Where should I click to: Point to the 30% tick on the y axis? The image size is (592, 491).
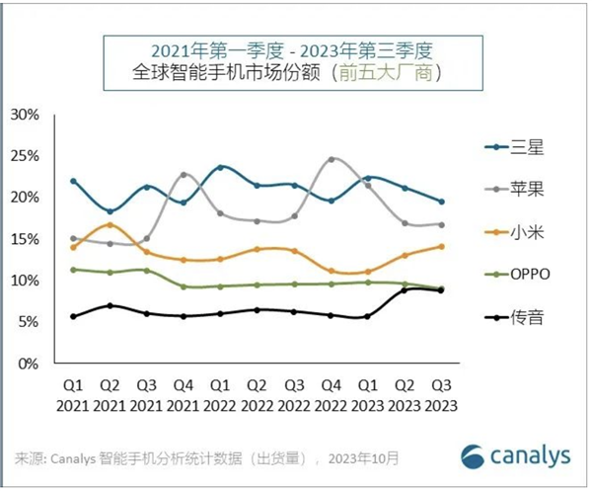pos(25,115)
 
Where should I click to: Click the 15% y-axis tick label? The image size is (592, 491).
pos(25,239)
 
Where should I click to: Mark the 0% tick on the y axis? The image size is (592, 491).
pos(29,364)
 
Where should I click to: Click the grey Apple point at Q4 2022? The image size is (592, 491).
pos(332,159)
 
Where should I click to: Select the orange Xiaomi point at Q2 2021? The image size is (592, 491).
pos(111,224)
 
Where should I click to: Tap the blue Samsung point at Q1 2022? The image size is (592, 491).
pos(220,167)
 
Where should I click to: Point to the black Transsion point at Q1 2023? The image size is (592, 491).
pos(367,316)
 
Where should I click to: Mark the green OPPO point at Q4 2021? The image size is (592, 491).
pos(184,286)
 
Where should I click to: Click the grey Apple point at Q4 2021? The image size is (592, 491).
pos(184,175)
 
